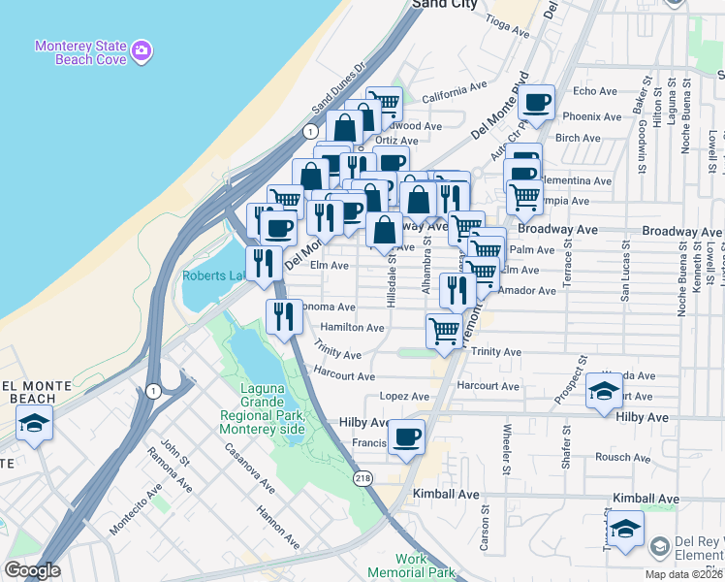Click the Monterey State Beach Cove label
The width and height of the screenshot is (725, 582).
coord(81,52)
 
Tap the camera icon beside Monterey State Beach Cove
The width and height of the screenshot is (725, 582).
coord(142,48)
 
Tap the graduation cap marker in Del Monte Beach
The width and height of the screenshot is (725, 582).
coord(34,424)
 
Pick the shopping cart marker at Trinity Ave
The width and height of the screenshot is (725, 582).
coord(444,331)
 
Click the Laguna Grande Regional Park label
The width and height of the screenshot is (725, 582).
coord(262,409)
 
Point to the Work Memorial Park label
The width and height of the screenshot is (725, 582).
coord(426,566)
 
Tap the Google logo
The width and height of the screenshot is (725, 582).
coord(32,570)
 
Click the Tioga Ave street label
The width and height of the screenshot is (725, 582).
coord(507,30)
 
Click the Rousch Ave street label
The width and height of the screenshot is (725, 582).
coord(614,457)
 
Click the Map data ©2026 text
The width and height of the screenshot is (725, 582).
coord(686,573)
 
